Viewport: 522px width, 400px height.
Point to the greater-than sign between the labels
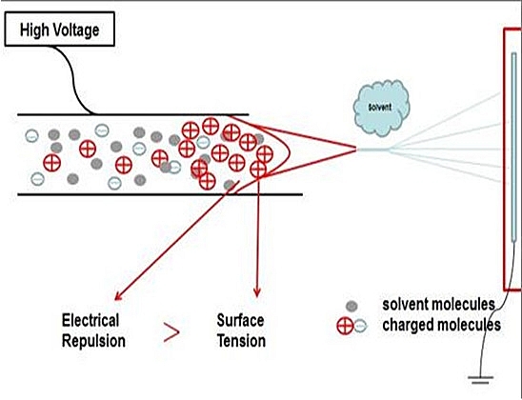pos(171,331)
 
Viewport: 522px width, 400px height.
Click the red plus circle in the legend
pos(344,326)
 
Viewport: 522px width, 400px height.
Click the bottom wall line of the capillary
pos(143,194)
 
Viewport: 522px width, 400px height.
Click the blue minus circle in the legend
pos(358,326)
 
